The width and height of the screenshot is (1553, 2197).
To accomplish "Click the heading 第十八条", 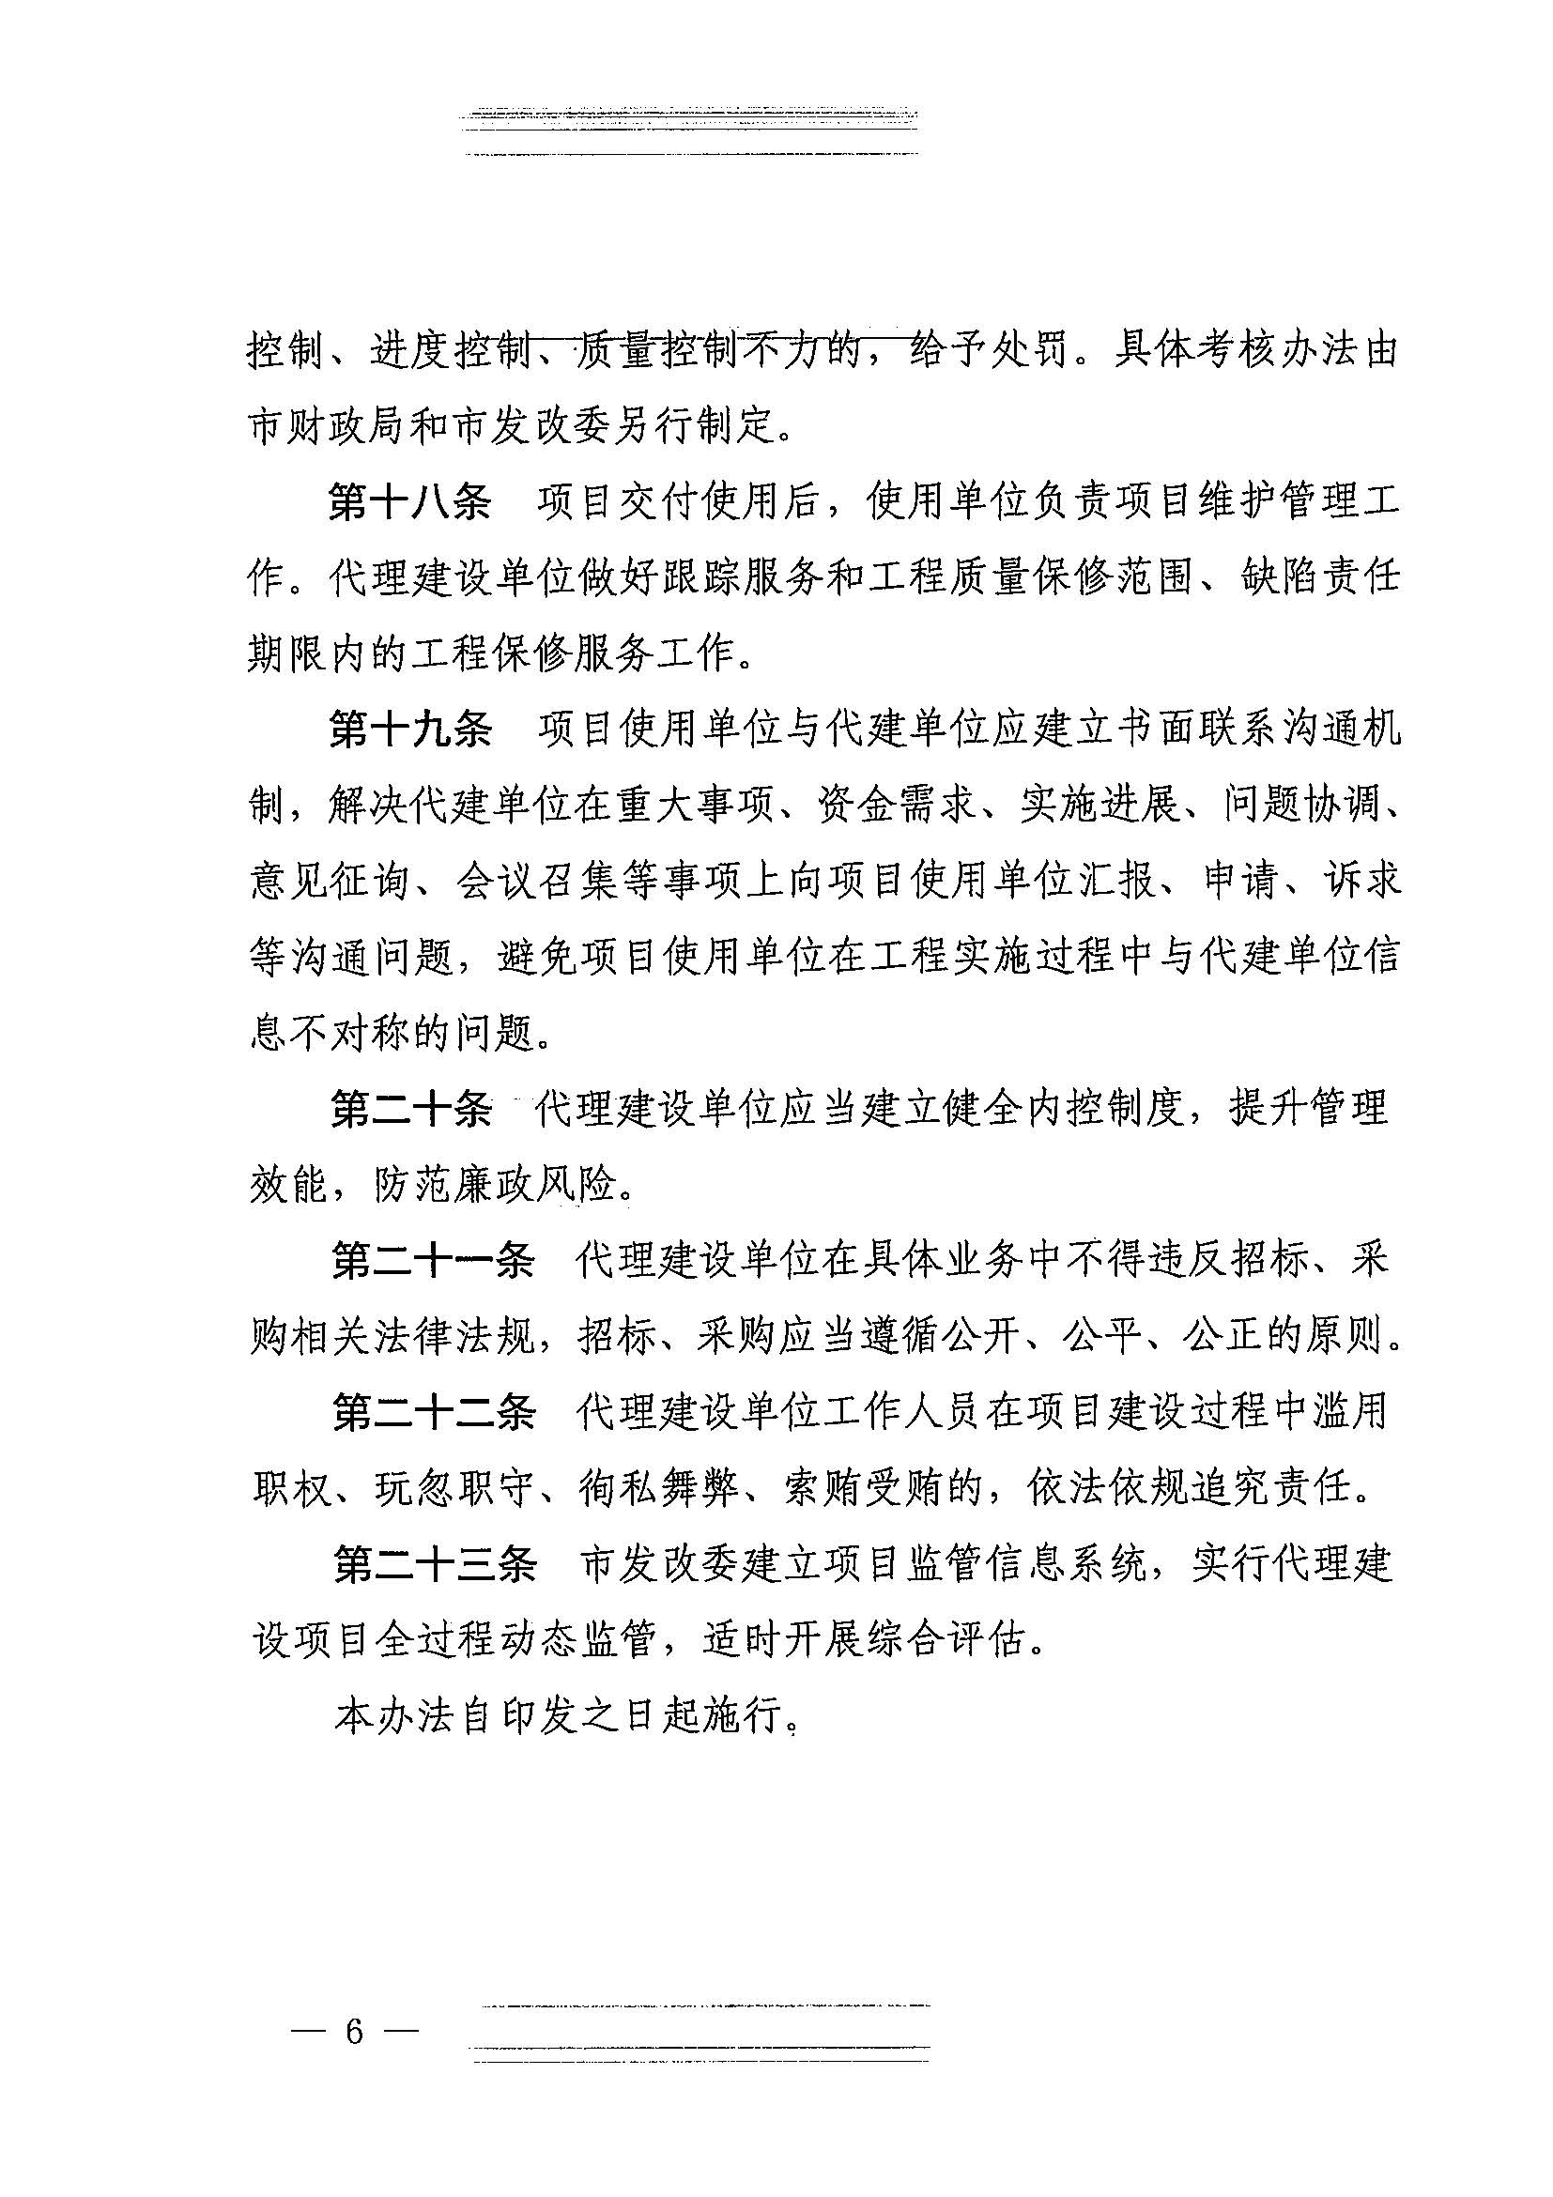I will [409, 501].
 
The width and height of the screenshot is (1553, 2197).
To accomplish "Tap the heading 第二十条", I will [411, 1109].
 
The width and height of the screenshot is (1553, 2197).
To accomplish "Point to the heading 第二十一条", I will [433, 1260].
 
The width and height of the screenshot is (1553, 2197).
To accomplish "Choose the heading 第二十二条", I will [434, 1412].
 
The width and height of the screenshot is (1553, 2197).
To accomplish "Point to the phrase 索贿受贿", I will [866, 1488].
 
